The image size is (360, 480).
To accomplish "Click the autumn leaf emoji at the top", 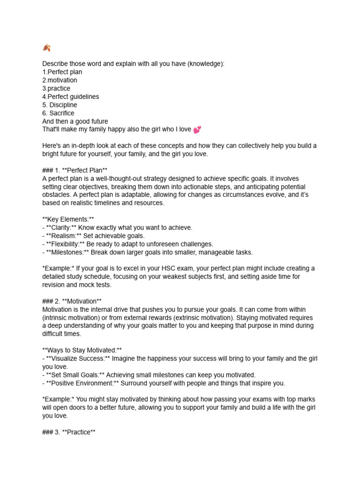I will tap(46, 48).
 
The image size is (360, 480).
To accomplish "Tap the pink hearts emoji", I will tap(197, 130).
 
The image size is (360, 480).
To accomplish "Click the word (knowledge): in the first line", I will tap(202, 64).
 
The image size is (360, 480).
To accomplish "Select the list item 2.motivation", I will tap(60, 80).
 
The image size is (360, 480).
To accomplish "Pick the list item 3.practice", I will tap(56, 88).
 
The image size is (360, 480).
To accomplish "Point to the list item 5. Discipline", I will tap(60, 105).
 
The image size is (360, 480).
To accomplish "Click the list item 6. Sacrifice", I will tap(58, 113).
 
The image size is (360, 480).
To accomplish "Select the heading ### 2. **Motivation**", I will tap(72, 301).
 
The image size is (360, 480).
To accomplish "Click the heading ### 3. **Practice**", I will tap(69, 432).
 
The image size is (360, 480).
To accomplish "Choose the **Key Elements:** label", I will tap(68, 219).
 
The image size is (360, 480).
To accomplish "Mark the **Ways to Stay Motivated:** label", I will tap(82, 350).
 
